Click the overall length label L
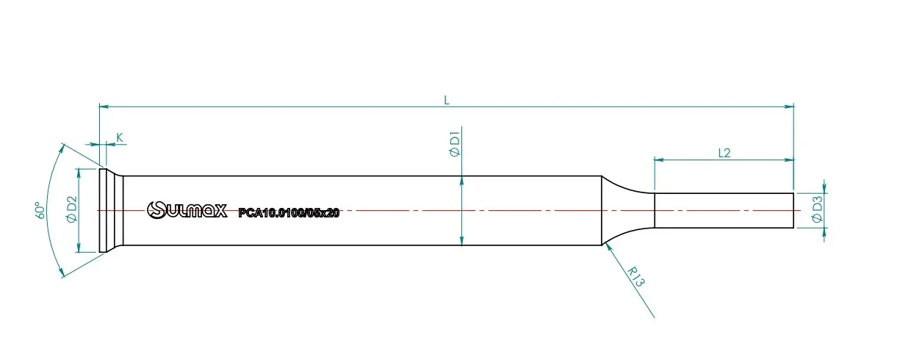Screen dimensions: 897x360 (x=447, y=100)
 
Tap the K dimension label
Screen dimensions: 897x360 (x=119, y=137)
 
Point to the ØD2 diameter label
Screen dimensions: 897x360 (x=72, y=209)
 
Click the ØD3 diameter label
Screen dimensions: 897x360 (x=817, y=209)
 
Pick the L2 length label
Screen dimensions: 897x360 (x=724, y=153)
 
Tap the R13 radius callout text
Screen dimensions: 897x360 (x=635, y=277)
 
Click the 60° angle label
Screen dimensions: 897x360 (x=40, y=210)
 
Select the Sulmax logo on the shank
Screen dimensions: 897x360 (x=187, y=210)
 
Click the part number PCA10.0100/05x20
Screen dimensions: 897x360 (x=289, y=213)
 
